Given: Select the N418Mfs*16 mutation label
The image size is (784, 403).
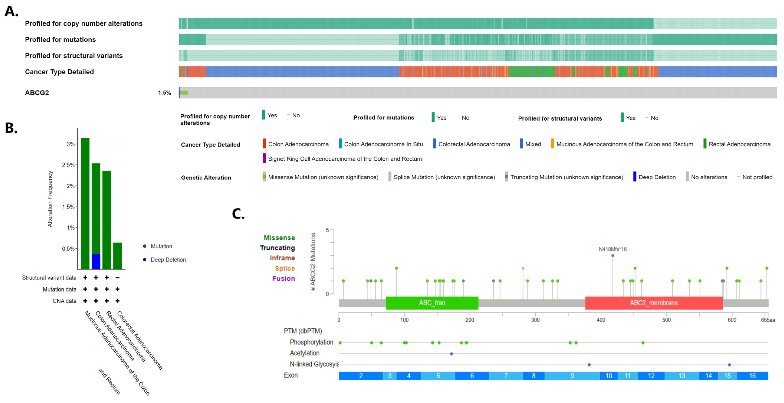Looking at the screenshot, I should pos(612,249).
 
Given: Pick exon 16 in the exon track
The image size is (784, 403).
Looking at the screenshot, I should pos(752,376).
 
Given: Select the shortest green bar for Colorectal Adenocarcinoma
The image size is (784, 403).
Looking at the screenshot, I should pos(117,256).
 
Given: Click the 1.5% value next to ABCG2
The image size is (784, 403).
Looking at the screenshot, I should pos(164,93).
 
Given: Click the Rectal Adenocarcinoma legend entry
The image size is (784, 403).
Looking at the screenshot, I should pos(739,144).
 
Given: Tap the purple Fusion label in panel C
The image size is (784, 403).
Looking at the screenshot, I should pos(283,279).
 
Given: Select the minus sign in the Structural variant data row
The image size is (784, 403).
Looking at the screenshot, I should pos(117,278).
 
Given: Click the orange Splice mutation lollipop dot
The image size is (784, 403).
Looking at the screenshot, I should pos(523,268).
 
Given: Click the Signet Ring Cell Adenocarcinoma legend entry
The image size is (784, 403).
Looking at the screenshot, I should pos(345,159).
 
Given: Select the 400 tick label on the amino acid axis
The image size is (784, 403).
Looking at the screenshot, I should pos(601,320).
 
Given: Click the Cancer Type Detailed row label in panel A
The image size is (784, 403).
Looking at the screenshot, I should pos(59,72).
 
